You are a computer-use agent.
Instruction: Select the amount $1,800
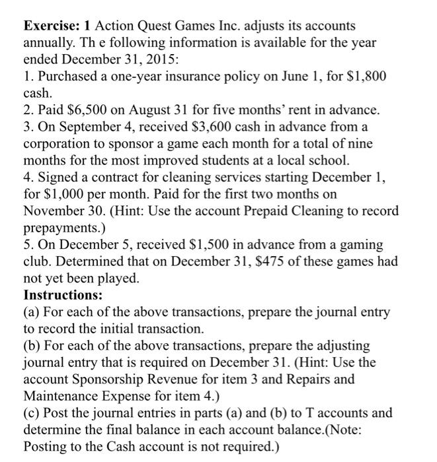click(365, 77)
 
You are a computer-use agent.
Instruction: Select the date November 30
click(66, 211)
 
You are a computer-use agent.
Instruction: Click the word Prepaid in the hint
click(257, 211)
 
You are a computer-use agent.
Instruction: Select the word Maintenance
click(65, 396)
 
